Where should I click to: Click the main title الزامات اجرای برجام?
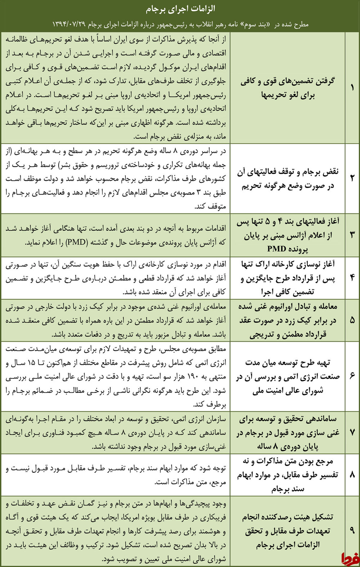click(x=180, y=9)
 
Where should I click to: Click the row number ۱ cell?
click(x=352, y=88)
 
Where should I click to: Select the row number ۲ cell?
click(x=352, y=178)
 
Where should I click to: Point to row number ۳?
click(x=352, y=235)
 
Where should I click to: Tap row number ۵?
click(x=352, y=320)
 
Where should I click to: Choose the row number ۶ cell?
click(x=352, y=376)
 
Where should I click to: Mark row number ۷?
click(x=352, y=432)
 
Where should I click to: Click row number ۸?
click(x=352, y=475)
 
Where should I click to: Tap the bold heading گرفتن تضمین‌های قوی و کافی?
click(x=288, y=81)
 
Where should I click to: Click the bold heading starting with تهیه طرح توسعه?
click(x=288, y=363)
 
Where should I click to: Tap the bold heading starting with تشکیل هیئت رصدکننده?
click(x=288, y=517)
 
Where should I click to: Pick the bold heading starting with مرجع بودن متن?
click(x=288, y=461)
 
